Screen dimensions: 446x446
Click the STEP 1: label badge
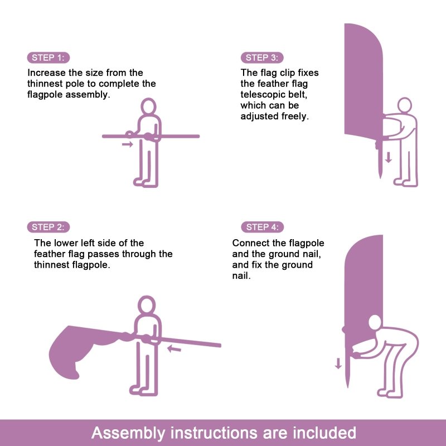click(x=48, y=58)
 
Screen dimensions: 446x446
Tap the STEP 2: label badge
click(x=48, y=227)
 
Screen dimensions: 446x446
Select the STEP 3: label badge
click(x=262, y=58)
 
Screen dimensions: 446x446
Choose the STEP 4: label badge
click(x=262, y=227)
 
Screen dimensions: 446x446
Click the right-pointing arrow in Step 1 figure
click(x=128, y=144)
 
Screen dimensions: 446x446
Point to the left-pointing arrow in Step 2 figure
click(x=174, y=350)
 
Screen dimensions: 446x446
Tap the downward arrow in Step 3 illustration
click(x=389, y=157)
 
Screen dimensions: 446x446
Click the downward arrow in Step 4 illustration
click(x=338, y=363)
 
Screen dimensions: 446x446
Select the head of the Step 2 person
click(x=147, y=305)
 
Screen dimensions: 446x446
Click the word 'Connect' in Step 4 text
click(x=250, y=243)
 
